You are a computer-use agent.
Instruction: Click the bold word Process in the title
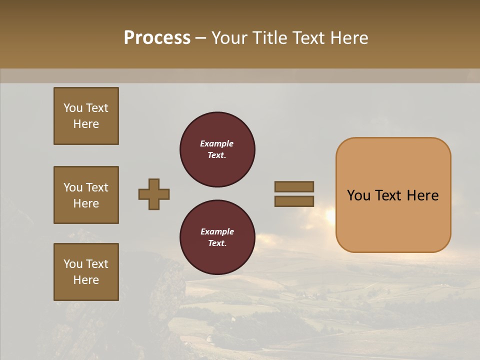pos(157,38)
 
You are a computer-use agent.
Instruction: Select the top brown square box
pos(86,116)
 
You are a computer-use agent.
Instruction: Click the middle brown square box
pos(86,195)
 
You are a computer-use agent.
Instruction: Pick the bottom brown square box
pos(86,272)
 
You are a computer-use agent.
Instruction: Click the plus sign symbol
pos(154,194)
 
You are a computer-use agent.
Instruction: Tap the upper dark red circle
pos(217,149)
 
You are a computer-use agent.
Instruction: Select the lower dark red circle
pos(217,237)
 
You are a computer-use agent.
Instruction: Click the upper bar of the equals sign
pos(294,187)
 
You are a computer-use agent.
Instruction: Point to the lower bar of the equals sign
pos(294,201)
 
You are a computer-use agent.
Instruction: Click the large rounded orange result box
pos(393,195)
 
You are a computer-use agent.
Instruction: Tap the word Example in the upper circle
pos(216,143)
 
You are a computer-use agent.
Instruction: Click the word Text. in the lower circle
pos(217,243)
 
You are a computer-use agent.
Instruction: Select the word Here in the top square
pos(86,124)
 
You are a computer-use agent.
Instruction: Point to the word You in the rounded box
pos(359,195)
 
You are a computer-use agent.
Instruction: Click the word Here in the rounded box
pos(422,195)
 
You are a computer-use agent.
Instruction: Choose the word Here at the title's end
pos(348,38)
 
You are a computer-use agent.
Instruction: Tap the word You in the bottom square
pos(73,264)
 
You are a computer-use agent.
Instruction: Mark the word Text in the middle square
pos(97,187)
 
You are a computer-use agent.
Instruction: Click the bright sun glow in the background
pos(330,215)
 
